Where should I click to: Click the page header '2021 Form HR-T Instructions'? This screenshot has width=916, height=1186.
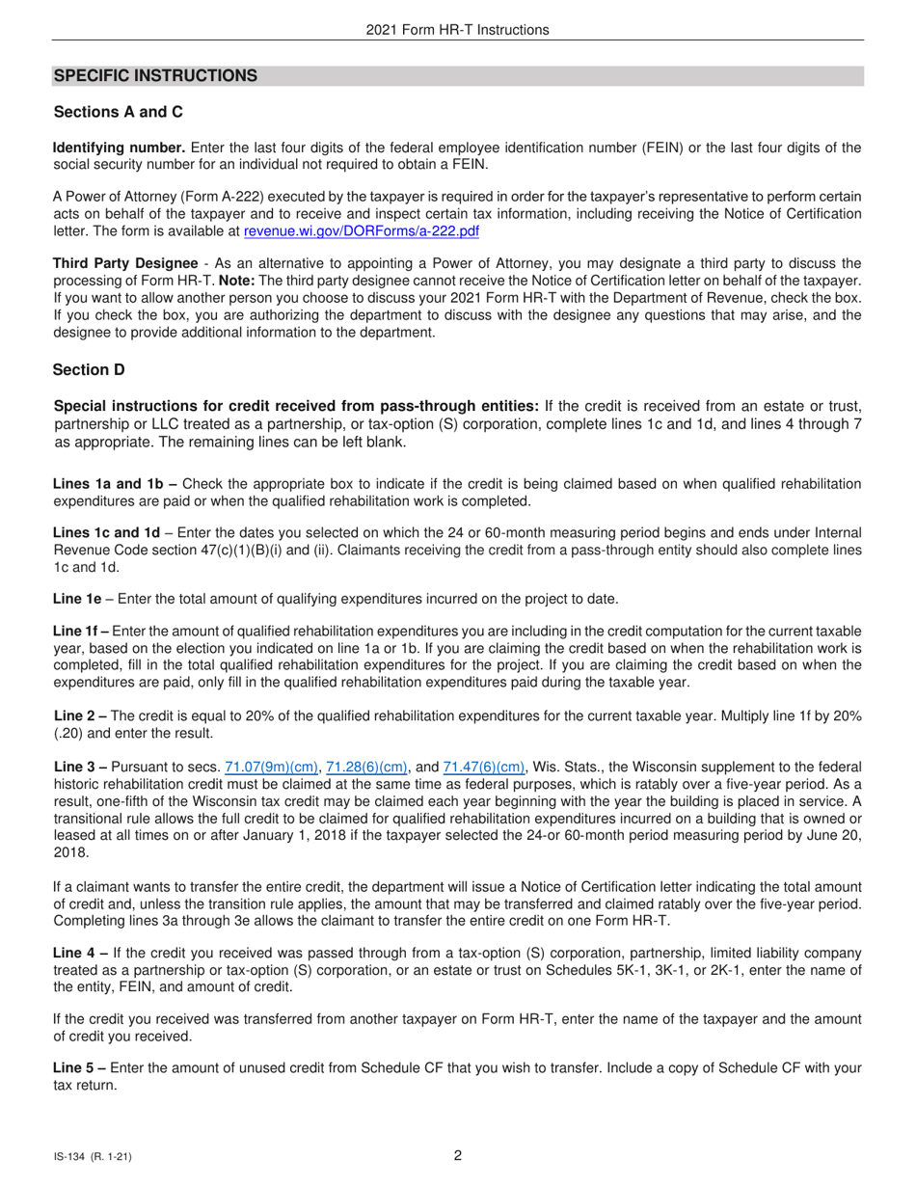pos(457,30)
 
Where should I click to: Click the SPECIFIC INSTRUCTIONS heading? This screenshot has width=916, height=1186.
pos(155,76)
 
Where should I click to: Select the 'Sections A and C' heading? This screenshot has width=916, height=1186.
pos(119,112)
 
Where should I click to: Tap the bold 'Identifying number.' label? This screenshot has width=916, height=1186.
pos(120,148)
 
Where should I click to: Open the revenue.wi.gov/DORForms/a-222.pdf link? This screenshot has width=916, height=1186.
pos(362,231)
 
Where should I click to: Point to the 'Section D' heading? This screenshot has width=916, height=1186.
pos(89,370)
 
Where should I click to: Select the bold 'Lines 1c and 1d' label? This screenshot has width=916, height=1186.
pos(107,532)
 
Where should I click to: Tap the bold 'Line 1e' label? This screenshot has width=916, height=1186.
pos(77,599)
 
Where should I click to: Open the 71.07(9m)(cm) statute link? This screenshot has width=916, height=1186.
pos(271,768)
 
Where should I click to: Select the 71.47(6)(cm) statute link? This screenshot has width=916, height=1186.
pos(484,768)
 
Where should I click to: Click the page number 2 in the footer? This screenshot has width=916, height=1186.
pos(458,1156)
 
